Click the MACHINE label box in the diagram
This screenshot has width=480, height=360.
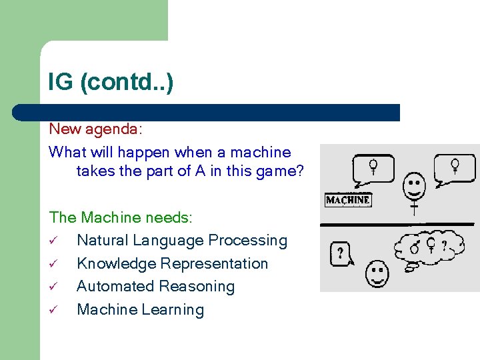tap(347, 200)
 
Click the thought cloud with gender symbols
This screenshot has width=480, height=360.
tap(429, 247)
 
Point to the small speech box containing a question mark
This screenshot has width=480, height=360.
tap(341, 253)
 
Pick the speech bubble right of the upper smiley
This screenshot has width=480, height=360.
tap(454, 169)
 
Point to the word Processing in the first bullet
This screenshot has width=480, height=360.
tap(251, 241)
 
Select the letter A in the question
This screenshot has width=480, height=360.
tap(200, 171)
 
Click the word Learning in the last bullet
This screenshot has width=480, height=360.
tap(172, 310)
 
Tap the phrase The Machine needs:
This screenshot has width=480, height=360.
tap(121, 217)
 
